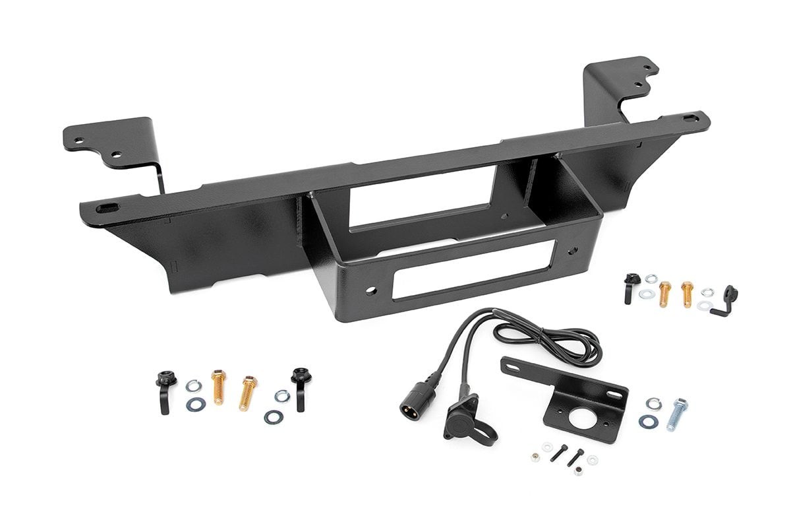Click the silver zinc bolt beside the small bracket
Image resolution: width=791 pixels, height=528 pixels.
(x=677, y=414)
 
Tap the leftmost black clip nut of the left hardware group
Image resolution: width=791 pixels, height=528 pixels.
(x=162, y=389)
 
